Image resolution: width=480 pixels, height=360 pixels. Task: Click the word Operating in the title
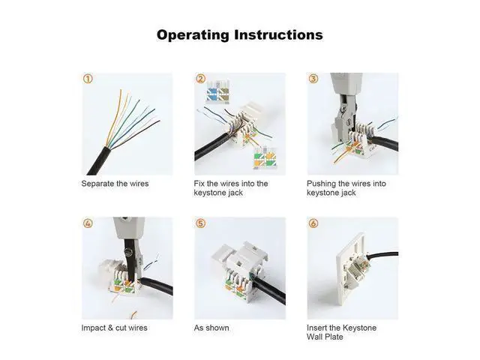(193, 35)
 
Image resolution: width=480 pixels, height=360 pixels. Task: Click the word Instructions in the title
(278, 34)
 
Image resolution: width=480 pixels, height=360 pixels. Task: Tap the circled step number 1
(88, 79)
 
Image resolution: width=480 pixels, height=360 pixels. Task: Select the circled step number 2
(200, 79)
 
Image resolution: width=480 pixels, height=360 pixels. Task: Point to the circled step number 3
(313, 79)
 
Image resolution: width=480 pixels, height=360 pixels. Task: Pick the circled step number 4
(88, 223)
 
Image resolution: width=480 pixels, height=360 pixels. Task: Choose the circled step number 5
(200, 223)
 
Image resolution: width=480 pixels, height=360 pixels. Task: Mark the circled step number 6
(313, 223)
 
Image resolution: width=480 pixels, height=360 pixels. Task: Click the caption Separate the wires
(115, 184)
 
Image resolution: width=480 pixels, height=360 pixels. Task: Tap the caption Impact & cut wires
(115, 328)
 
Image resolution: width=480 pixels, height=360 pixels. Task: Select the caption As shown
(211, 328)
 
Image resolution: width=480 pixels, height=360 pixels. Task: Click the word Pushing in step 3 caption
(321, 184)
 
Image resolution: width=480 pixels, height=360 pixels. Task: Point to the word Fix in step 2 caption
(199, 184)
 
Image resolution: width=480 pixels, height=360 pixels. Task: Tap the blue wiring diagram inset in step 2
(217, 91)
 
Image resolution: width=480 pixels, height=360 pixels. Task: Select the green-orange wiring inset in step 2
(265, 157)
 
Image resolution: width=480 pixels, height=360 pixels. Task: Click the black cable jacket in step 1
(99, 161)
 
